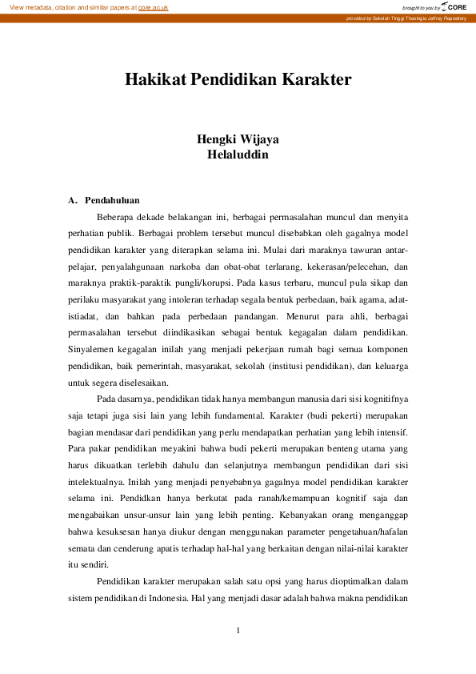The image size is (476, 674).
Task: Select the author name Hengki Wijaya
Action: coord(238,138)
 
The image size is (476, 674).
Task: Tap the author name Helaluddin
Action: coord(238,154)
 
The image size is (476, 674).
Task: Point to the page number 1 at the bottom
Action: coord(238,632)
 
